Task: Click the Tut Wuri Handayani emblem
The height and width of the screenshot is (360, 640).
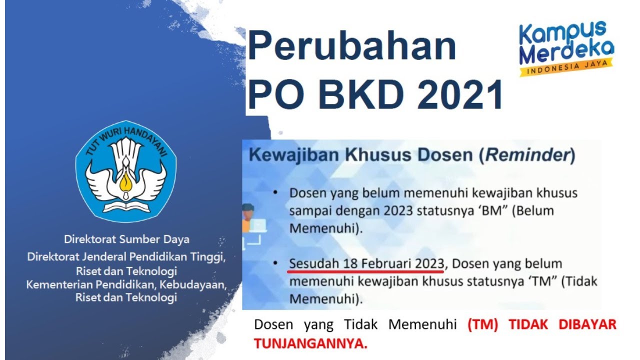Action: [x=125, y=171]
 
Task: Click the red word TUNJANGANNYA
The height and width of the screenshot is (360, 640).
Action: [x=310, y=343]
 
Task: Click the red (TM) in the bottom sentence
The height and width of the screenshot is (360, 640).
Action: [x=482, y=324]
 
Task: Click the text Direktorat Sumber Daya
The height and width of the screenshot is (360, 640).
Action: [x=126, y=239]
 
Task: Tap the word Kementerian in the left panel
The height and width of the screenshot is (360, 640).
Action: [x=54, y=285]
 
